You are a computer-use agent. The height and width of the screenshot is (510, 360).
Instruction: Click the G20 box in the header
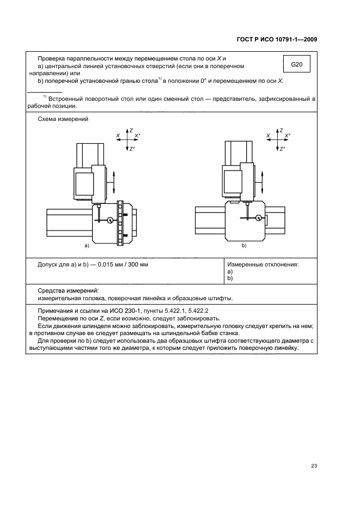296,64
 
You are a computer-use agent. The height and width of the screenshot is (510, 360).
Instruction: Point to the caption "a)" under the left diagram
86,246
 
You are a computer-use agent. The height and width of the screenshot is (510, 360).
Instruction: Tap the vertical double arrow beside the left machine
114,181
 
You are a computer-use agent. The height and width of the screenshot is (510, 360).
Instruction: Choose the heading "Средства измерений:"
68,291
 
